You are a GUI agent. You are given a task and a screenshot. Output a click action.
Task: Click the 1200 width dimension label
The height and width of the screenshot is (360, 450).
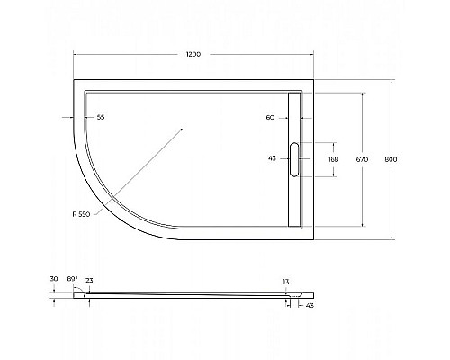click(x=193, y=54)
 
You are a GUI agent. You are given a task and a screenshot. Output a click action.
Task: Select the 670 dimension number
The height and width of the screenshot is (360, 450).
click(x=361, y=159)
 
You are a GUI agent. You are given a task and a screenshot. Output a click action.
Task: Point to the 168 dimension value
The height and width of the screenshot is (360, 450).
click(x=334, y=159)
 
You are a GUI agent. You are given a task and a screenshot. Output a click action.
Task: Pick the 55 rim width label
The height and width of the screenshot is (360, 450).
click(x=101, y=118)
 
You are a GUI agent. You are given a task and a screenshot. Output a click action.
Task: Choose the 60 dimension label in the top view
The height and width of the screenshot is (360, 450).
click(x=270, y=118)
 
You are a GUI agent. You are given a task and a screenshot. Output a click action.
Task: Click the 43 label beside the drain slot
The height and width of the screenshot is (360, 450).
click(x=273, y=159)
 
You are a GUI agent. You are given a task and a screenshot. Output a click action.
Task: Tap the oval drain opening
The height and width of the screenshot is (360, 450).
click(x=293, y=159)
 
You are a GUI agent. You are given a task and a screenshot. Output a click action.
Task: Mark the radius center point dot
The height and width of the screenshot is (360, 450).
click(x=181, y=130)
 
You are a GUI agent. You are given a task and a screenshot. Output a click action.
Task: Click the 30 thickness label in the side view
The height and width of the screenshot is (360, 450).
click(x=54, y=280)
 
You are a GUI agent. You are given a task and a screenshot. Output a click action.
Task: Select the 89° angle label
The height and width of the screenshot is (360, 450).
click(x=73, y=280)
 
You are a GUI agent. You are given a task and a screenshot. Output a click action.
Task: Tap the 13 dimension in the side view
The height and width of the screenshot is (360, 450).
click(x=286, y=282)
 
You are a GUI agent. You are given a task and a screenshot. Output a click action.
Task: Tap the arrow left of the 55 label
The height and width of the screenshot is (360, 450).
click(x=65, y=118)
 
